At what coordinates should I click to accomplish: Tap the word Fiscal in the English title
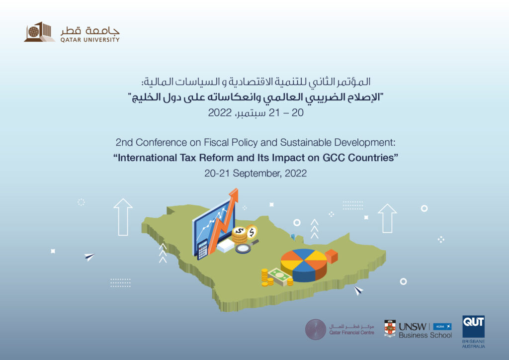pos(217,143)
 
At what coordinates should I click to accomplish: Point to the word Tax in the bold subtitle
pos(188,158)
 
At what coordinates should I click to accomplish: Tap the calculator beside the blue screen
pos(202,250)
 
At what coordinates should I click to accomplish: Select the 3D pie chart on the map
pos(304,265)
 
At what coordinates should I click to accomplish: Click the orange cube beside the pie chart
pos(331,256)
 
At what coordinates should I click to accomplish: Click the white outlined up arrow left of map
pos(123,217)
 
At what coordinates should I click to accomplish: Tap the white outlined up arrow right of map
pos(387,218)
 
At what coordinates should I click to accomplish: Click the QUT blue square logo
pos(473,327)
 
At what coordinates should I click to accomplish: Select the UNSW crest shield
pos(390,329)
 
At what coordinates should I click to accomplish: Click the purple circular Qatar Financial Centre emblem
pos(316,330)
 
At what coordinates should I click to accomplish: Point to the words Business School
pos(425,335)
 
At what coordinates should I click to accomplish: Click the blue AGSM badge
pos(442,327)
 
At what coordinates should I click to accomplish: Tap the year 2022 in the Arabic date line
pos(220,113)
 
